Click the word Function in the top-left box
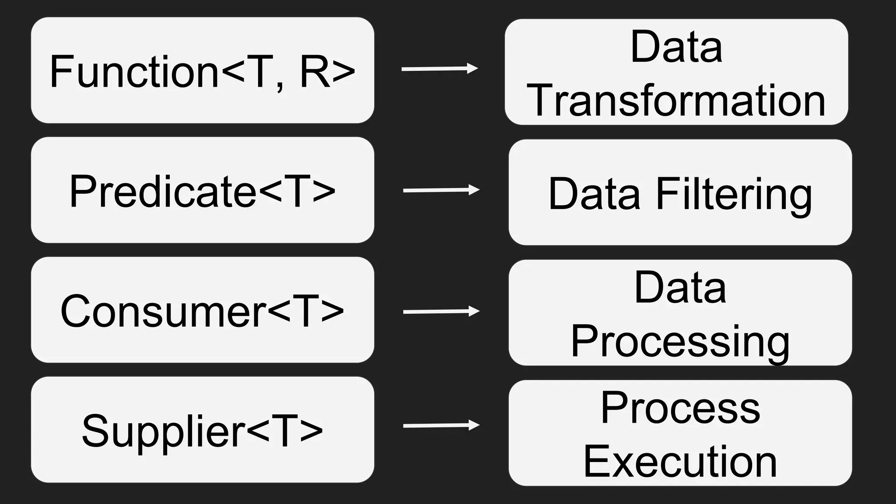(134, 72)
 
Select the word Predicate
(163, 192)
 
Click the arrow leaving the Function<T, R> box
(439, 69)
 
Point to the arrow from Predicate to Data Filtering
(441, 190)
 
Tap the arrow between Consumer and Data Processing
(441, 311)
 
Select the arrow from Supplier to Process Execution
(441, 425)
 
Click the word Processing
(680, 342)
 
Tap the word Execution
(680, 462)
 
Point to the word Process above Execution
(680, 408)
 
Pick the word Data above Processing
(680, 288)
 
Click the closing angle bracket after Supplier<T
(311, 431)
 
